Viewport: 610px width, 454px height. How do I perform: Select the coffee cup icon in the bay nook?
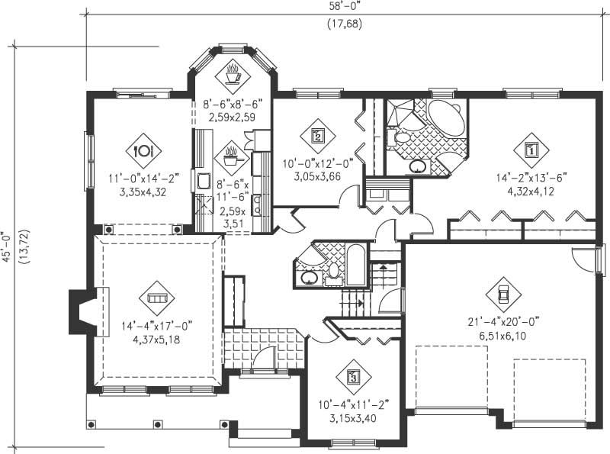232,74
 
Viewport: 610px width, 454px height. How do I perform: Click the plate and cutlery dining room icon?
142,150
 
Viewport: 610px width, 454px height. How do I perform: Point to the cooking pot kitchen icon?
232,158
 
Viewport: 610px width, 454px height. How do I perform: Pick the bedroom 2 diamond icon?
318,136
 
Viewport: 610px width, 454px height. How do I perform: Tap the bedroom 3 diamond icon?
353,375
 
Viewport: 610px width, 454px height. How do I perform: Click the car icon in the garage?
503,293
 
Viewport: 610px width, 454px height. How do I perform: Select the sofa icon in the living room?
156,298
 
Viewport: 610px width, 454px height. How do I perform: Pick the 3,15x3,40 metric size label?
352,418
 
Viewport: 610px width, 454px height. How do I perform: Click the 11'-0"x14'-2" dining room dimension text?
143,179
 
